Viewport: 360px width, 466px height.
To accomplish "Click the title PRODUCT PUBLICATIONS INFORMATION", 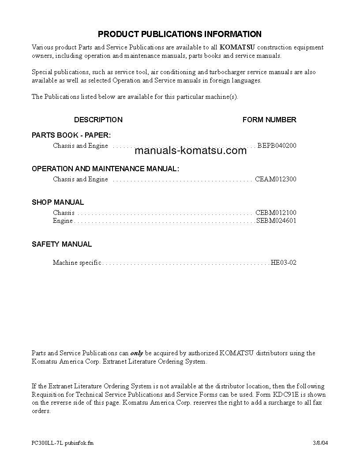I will click(x=180, y=34).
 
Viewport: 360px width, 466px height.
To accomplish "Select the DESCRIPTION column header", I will click(x=98, y=120).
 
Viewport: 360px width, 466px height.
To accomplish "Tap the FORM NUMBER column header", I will click(x=269, y=120).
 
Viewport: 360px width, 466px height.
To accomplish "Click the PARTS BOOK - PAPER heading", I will click(x=71, y=135).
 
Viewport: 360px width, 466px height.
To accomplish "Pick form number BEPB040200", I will click(x=277, y=146).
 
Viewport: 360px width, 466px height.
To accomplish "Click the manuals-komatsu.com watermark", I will click(x=190, y=151).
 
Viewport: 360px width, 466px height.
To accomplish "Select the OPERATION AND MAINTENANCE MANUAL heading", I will click(x=105, y=169).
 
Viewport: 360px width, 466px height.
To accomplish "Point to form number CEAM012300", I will click(x=276, y=179).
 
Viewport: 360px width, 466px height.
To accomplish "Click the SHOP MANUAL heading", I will click(x=58, y=202).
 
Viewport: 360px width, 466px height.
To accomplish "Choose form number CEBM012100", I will click(x=276, y=213).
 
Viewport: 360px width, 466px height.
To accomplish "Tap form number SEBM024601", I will click(x=276, y=221).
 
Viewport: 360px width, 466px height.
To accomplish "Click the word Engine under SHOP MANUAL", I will click(x=63, y=221).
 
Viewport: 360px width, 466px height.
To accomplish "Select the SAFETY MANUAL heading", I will click(x=62, y=244).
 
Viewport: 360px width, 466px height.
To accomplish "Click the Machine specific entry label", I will click(x=77, y=263).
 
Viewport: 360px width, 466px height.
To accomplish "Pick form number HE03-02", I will click(x=283, y=263).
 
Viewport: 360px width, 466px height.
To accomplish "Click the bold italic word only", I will click(x=137, y=353).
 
